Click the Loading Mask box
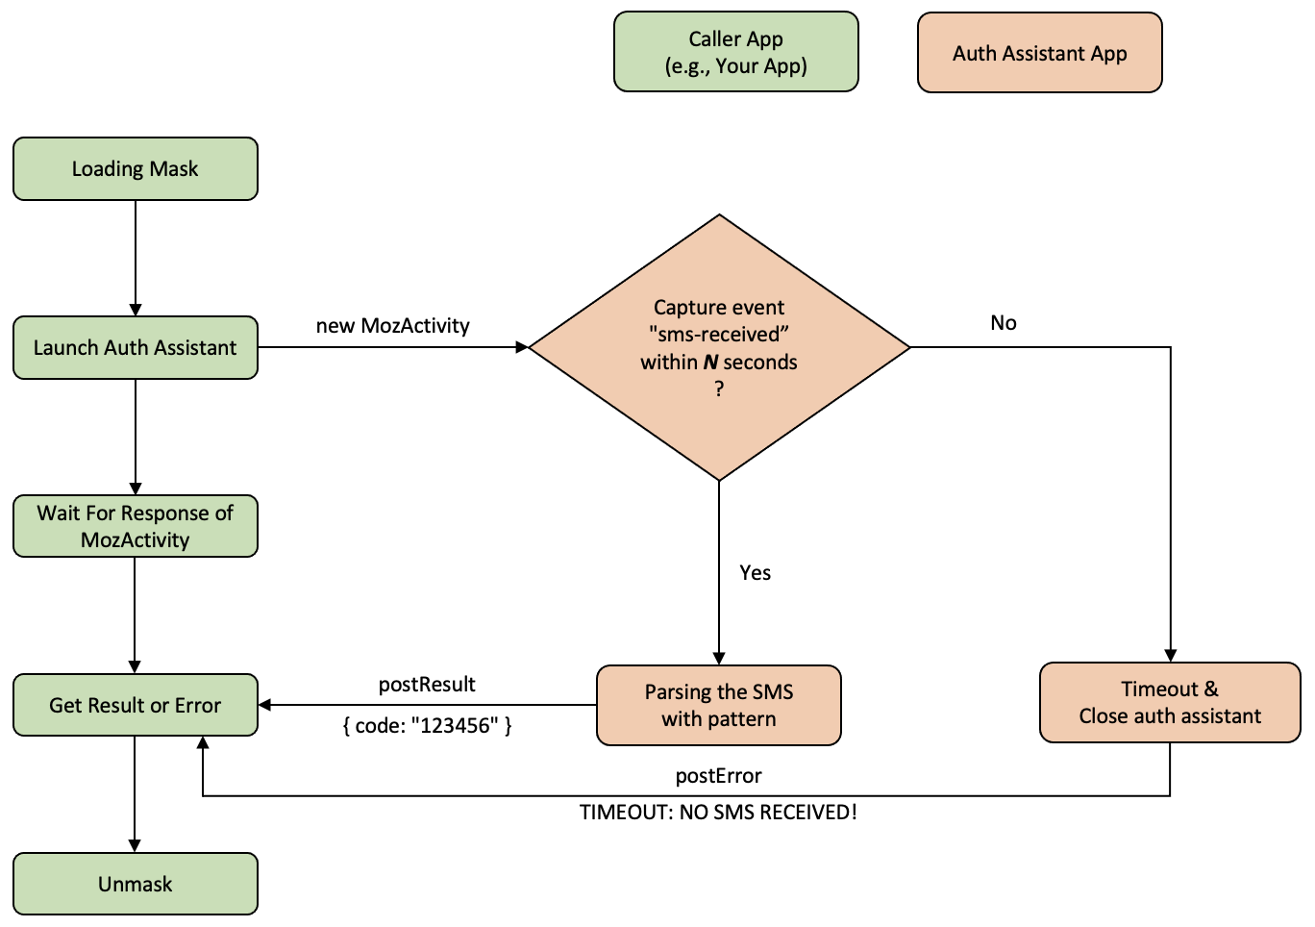(x=136, y=169)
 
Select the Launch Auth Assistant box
(x=136, y=348)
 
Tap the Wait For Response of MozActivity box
(x=136, y=526)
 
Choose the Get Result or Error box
(x=136, y=705)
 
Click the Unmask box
(x=136, y=884)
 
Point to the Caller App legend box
(x=736, y=52)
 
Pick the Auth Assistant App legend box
(x=1040, y=53)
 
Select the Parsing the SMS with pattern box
(x=719, y=705)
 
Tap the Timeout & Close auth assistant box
(x=1170, y=702)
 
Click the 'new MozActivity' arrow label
(x=392, y=326)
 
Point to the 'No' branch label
(x=1004, y=323)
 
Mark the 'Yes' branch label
(x=755, y=573)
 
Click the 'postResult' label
(x=427, y=685)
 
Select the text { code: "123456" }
(x=427, y=726)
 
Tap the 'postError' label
(x=718, y=776)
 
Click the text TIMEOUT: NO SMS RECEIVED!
(x=718, y=813)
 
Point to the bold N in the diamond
(x=710, y=363)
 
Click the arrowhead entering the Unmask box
(x=135, y=845)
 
